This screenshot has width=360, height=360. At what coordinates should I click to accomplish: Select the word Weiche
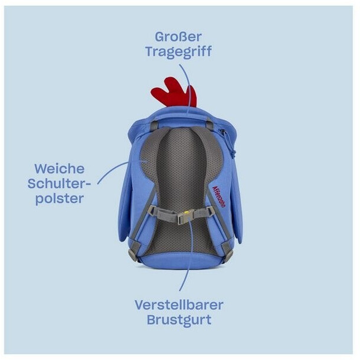point(59,168)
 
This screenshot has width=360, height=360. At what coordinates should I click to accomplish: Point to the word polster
point(59,198)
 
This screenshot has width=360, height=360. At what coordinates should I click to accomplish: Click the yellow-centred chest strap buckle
point(186,215)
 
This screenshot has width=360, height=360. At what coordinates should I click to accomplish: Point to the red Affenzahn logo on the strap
point(217,195)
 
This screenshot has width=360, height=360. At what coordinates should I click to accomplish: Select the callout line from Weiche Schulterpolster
point(112,168)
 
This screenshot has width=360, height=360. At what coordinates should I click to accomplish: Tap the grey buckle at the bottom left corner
point(133,254)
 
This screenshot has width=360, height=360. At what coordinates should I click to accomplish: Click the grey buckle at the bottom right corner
point(227,254)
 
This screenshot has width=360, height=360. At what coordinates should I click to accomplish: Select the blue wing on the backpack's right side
point(237,195)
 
